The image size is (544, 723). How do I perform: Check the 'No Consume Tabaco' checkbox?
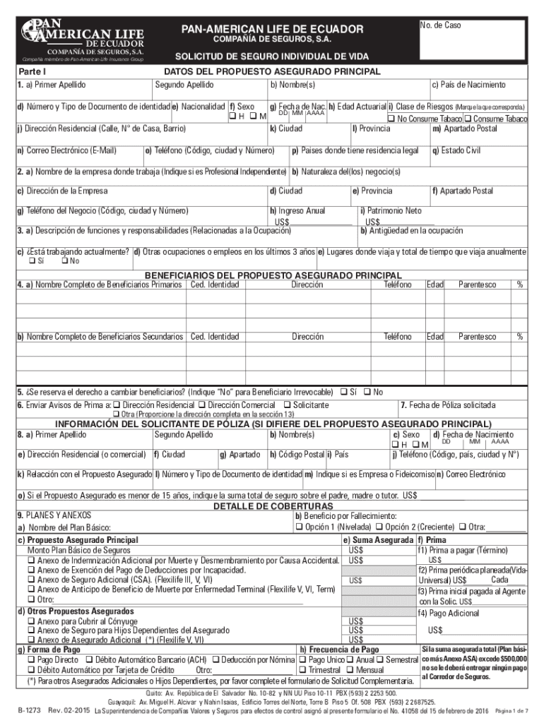[x=390, y=118]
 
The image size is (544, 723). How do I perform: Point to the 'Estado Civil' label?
[x=459, y=150]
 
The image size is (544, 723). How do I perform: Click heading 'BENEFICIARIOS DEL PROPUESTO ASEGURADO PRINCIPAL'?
[x=273, y=275]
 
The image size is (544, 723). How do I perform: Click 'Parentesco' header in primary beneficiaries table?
[x=477, y=285]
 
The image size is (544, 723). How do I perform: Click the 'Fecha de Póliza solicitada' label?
[x=447, y=405]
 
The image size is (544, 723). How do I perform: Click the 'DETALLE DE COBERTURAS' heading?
[x=273, y=506]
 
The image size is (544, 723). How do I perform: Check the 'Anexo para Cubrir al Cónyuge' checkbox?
[x=31, y=621]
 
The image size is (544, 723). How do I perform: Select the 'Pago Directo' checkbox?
[x=31, y=659]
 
